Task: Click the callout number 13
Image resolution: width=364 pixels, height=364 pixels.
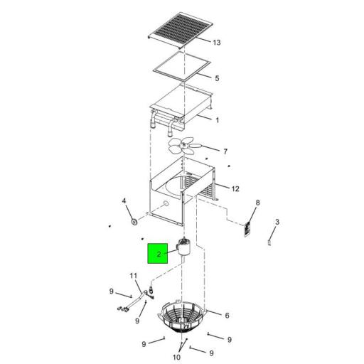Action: pos(217,43)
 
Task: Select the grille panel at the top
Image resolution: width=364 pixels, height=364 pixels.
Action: pos(181,30)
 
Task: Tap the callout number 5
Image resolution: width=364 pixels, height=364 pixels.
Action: pos(217,78)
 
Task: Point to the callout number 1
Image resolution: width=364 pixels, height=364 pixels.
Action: pos(218,120)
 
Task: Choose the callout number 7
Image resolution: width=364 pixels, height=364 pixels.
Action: pos(225,151)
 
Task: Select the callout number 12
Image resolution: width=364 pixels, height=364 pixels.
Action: pos(235,189)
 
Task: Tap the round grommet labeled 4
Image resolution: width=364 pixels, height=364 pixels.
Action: pos(134,223)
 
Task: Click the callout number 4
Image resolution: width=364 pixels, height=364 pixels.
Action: pos(124,201)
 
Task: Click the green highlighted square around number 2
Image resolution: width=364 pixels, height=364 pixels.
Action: pos(158,253)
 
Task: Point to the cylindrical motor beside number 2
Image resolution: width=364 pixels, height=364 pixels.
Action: pos(183,248)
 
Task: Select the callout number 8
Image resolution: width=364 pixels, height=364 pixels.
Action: pos(257,203)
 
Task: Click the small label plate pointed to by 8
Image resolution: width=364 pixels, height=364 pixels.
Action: pos(247,229)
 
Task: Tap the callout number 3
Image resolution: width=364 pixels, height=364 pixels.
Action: pos(277,223)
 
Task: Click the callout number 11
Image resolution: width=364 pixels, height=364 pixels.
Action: pos(134,276)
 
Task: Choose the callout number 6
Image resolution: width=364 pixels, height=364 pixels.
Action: pos(227,316)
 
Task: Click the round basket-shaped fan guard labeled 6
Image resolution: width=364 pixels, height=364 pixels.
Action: pos(183,316)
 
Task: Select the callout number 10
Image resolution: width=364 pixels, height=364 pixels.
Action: pos(177,357)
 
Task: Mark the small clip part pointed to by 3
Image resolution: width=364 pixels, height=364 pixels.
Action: pos(269,243)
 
